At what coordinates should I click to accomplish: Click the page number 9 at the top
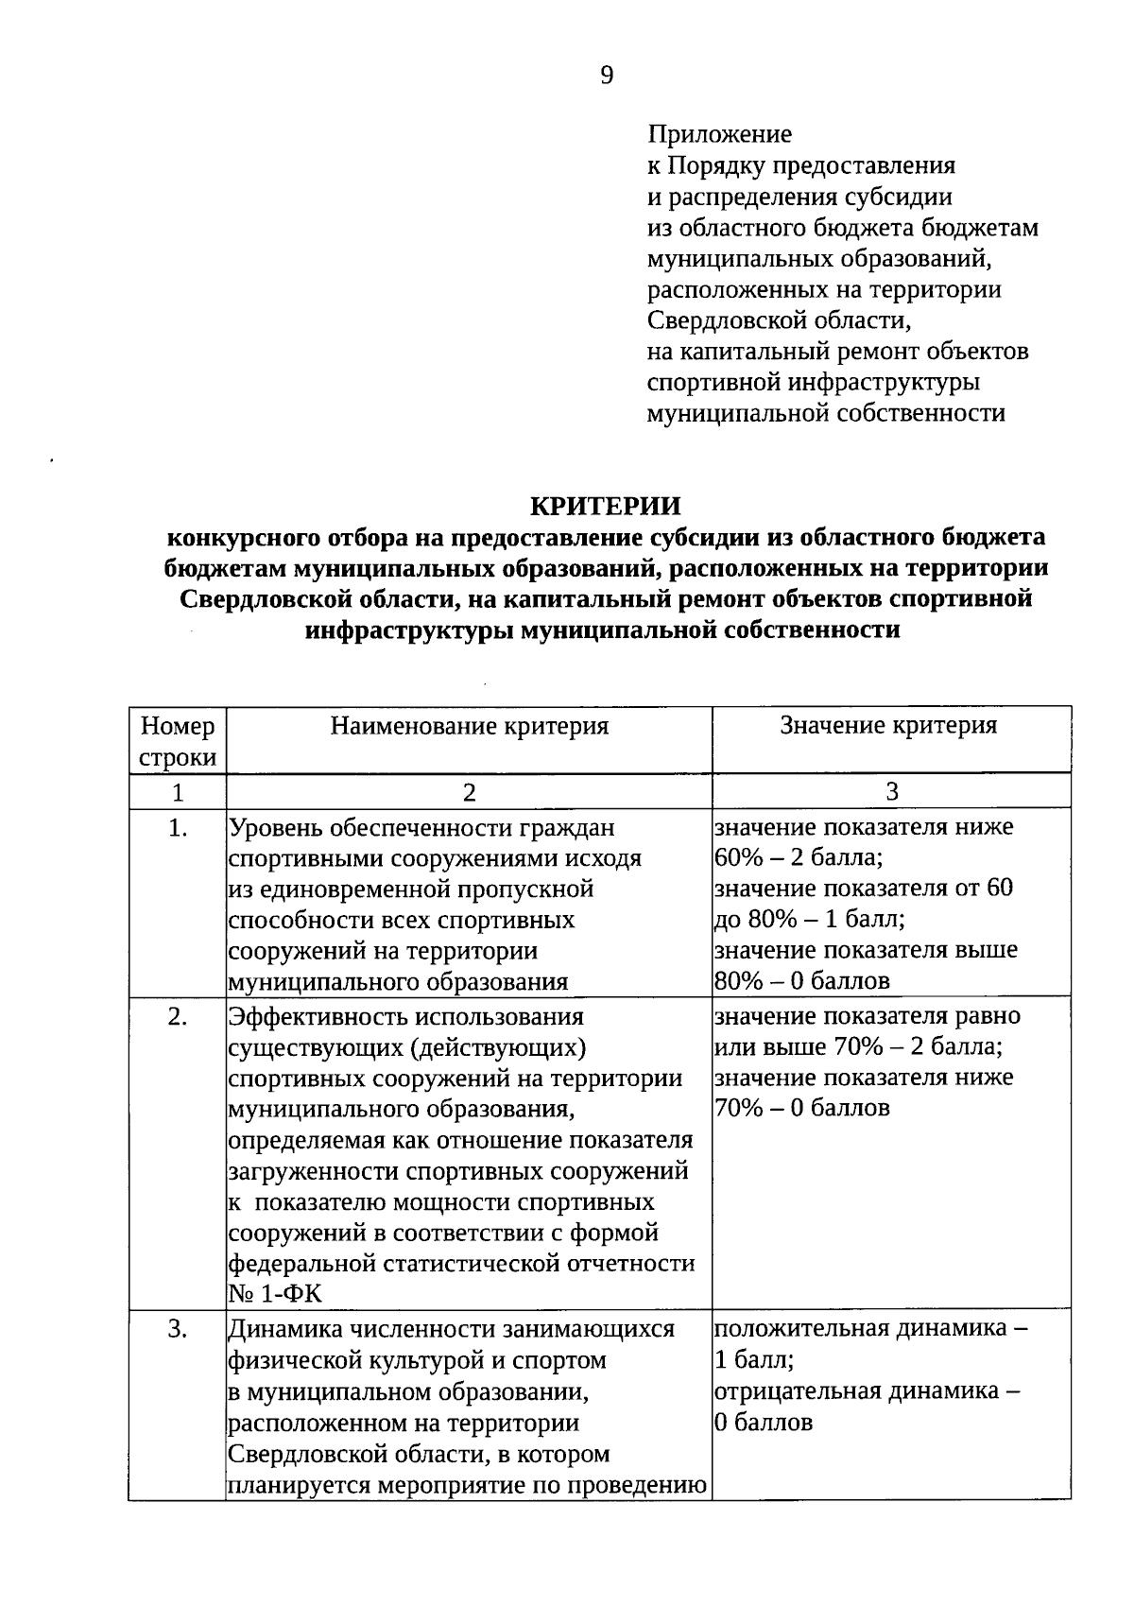(607, 76)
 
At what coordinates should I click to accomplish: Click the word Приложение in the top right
(719, 134)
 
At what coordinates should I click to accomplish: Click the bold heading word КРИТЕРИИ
(606, 507)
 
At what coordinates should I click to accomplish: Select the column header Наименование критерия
(469, 726)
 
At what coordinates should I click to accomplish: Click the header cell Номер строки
(177, 741)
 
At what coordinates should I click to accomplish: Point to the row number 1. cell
(178, 828)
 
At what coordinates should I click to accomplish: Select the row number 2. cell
(178, 1017)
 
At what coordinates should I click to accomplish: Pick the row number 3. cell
(178, 1329)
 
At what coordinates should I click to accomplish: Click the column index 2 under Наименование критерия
(469, 792)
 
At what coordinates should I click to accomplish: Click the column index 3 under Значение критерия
(891, 792)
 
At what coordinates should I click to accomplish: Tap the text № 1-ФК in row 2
(276, 1295)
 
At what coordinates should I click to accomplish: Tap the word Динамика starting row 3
(285, 1329)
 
